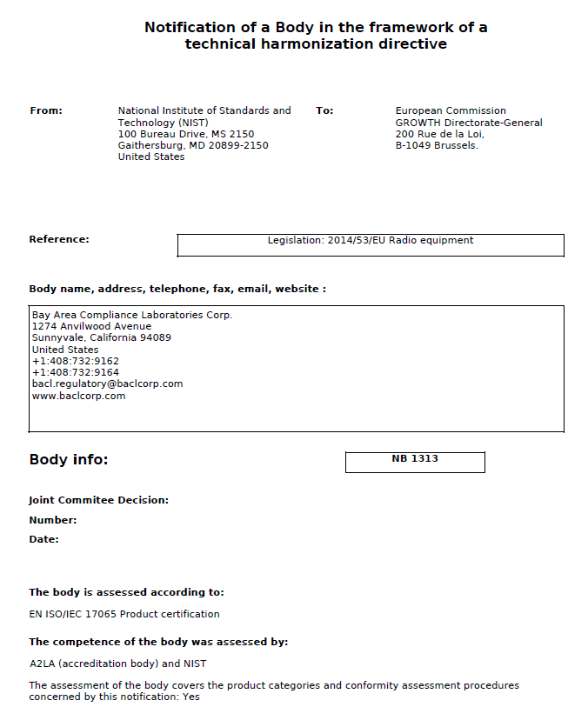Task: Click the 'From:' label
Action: coord(46,110)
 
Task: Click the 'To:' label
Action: coord(324,110)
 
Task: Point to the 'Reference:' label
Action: coord(59,239)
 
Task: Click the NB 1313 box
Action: coord(415,462)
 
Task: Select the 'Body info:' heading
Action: coord(69,459)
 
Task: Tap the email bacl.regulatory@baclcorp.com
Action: coord(107,384)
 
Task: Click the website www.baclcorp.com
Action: coord(78,396)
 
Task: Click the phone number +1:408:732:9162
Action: coord(75,361)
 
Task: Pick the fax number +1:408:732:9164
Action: coord(75,372)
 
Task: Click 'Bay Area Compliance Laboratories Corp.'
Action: coord(132,315)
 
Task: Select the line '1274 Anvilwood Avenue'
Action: coord(91,326)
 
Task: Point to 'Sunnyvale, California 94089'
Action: coord(101,337)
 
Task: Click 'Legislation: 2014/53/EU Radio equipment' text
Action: coord(371,240)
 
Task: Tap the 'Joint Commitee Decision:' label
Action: coord(98,500)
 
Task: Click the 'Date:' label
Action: coord(44,539)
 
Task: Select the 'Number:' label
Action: coord(53,520)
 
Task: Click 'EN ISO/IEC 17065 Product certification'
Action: coord(124,614)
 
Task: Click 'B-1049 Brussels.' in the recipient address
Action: coord(437,145)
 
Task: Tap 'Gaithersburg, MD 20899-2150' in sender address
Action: coord(193,145)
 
